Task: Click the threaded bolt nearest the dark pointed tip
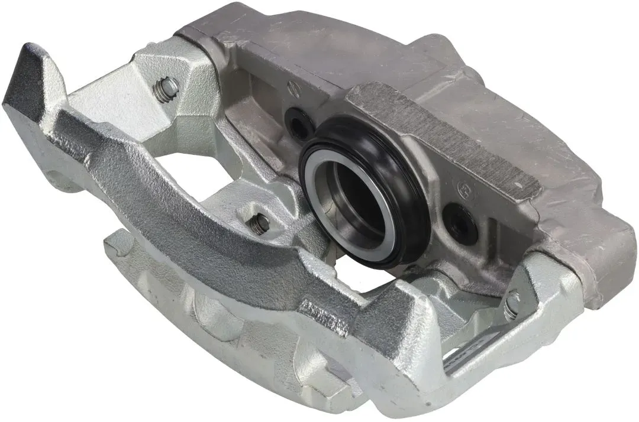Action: pos(167,90)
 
